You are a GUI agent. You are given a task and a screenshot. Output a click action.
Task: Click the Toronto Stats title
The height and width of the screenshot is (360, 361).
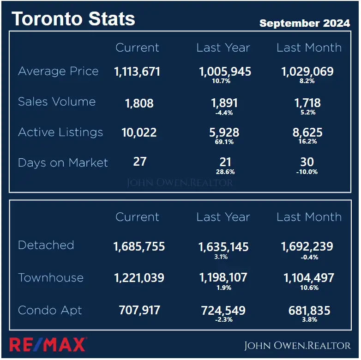[73, 19]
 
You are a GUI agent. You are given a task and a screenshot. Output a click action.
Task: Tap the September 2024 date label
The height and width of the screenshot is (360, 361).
[305, 23]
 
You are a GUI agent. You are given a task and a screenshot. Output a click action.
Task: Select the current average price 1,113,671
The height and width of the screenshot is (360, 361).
[137, 72]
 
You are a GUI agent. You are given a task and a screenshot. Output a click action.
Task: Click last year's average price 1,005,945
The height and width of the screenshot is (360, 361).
[225, 72]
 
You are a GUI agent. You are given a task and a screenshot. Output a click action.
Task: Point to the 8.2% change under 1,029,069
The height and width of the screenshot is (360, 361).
[307, 81]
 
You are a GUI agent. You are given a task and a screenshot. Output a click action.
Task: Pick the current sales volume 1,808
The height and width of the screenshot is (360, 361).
[139, 103]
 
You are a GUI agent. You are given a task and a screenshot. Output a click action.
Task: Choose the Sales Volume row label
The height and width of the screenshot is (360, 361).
[57, 102]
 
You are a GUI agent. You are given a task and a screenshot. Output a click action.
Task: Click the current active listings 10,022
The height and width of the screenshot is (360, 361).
[139, 133]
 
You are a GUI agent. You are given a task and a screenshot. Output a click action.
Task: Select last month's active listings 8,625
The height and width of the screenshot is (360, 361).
[308, 133]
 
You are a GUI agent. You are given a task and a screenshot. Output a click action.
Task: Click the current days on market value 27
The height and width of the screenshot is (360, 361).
[139, 162]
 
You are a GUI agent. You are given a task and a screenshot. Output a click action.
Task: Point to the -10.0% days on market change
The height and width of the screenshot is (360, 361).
[307, 172]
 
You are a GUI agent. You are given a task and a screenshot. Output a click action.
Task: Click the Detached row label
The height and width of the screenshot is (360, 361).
[46, 245]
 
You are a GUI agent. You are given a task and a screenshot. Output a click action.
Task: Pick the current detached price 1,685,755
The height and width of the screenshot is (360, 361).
[139, 247]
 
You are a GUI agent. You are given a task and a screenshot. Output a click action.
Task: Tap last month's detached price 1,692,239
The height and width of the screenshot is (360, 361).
[307, 247]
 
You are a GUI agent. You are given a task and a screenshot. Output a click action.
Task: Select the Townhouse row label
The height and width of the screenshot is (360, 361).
[51, 278]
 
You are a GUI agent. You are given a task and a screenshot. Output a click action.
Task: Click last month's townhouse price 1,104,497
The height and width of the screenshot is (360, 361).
[307, 278]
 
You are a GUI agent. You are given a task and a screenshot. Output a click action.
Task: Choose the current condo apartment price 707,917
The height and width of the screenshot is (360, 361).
[139, 310]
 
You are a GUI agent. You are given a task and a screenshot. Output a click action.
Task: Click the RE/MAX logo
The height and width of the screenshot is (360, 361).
[48, 344]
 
